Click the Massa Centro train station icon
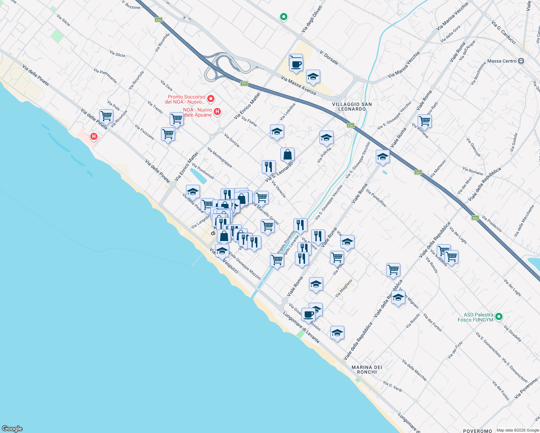pyautogui.click(x=521, y=61)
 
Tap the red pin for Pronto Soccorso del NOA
pyautogui.click(x=210, y=99)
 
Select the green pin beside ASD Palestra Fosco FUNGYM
pyautogui.click(x=499, y=317)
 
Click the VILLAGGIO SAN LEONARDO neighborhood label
pyautogui.click(x=352, y=106)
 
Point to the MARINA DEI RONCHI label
pyautogui.click(x=367, y=369)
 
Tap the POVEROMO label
pyautogui.click(x=477, y=431)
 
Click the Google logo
pyautogui.click(x=12, y=429)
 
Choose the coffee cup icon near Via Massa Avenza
pyautogui.click(x=296, y=64)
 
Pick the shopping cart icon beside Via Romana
pyautogui.click(x=424, y=121)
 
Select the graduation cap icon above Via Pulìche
pyautogui.click(x=326, y=137)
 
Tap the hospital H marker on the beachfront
pyautogui.click(x=94, y=136)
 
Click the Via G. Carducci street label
pyautogui.click(x=504, y=32)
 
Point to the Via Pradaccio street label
pyautogui.click(x=492, y=223)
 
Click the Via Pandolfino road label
pyautogui.click(x=376, y=198)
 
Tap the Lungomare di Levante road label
pyautogui.click(x=301, y=327)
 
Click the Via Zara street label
pyautogui.click(x=166, y=86)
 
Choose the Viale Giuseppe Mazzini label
pyautogui.click(x=245, y=267)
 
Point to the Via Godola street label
pyautogui.click(x=514, y=142)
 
